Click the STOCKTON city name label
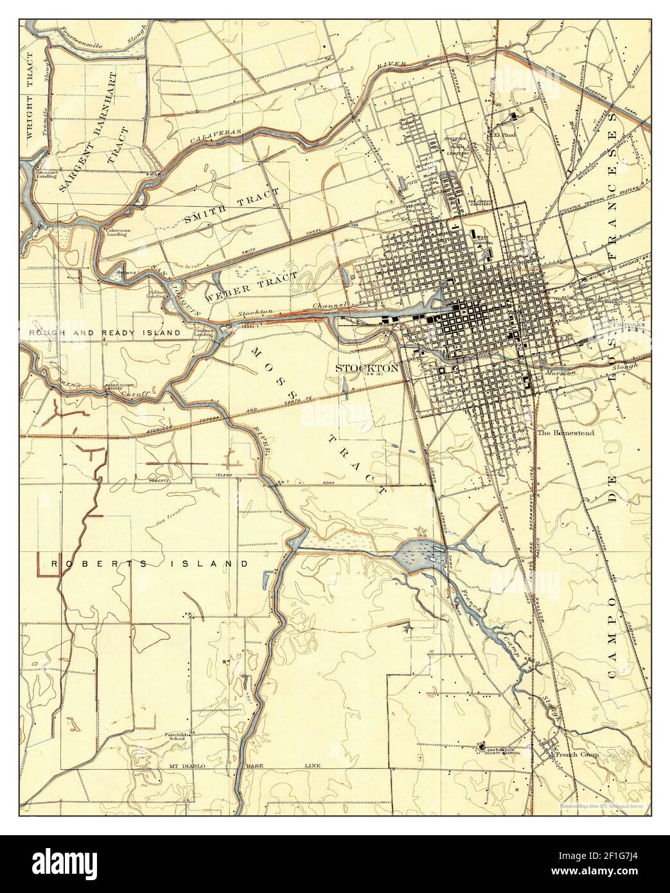pos(367,368)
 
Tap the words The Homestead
pos(565,433)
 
